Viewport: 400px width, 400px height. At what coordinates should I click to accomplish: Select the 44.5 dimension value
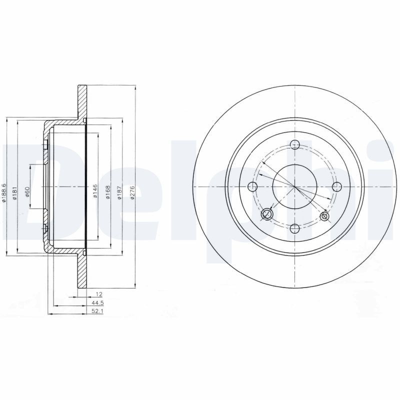coord(91,303)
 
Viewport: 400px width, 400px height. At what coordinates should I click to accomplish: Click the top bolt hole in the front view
coord(295,145)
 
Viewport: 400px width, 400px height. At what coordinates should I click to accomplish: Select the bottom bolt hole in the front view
coord(295,228)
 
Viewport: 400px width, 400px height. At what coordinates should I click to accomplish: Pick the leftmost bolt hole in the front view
coord(253,186)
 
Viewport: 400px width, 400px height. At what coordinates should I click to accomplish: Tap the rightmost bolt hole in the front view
coord(337,186)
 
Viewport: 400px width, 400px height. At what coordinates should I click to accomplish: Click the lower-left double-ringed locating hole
coord(267,215)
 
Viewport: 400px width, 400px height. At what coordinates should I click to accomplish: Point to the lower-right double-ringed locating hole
coord(325,216)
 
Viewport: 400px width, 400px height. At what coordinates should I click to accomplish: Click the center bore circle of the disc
coord(295,186)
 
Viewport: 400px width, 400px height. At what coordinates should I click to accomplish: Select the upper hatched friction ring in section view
coord(81,102)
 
